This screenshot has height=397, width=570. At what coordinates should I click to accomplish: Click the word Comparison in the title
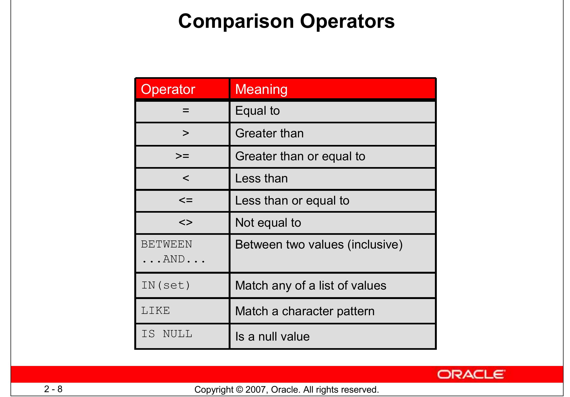[236, 22]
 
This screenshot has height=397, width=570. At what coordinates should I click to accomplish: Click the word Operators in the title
[347, 22]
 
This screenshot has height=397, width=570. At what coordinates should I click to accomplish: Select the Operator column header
[168, 89]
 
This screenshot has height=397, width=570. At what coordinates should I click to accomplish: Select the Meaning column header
[261, 89]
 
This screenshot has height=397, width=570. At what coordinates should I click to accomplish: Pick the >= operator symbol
[182, 156]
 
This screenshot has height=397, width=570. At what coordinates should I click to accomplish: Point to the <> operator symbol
[186, 223]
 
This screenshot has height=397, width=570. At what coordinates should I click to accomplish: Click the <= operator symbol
[186, 201]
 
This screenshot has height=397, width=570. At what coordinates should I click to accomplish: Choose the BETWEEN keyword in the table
[166, 245]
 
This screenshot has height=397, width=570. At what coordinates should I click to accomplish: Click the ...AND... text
[173, 259]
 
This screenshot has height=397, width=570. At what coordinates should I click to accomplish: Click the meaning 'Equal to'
[257, 111]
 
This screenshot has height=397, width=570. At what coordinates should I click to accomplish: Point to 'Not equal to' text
[268, 223]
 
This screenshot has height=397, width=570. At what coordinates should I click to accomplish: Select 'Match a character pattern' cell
[305, 311]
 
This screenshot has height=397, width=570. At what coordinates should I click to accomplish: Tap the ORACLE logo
[471, 375]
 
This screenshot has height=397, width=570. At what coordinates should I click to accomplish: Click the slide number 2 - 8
[53, 389]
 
